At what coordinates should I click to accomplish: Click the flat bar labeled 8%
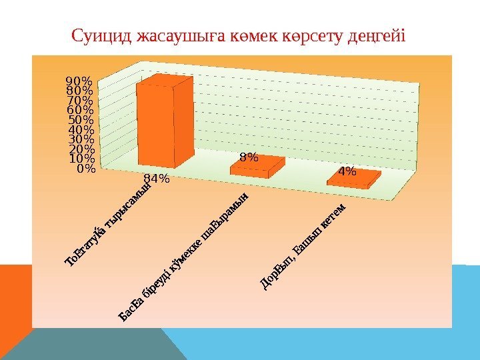coord(257,167)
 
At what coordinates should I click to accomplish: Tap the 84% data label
coord(157,179)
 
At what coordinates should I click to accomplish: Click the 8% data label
coord(248,157)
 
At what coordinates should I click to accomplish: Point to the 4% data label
coord(347,171)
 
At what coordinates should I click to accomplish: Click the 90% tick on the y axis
coord(79,81)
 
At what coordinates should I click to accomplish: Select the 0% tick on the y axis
coord(85,169)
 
